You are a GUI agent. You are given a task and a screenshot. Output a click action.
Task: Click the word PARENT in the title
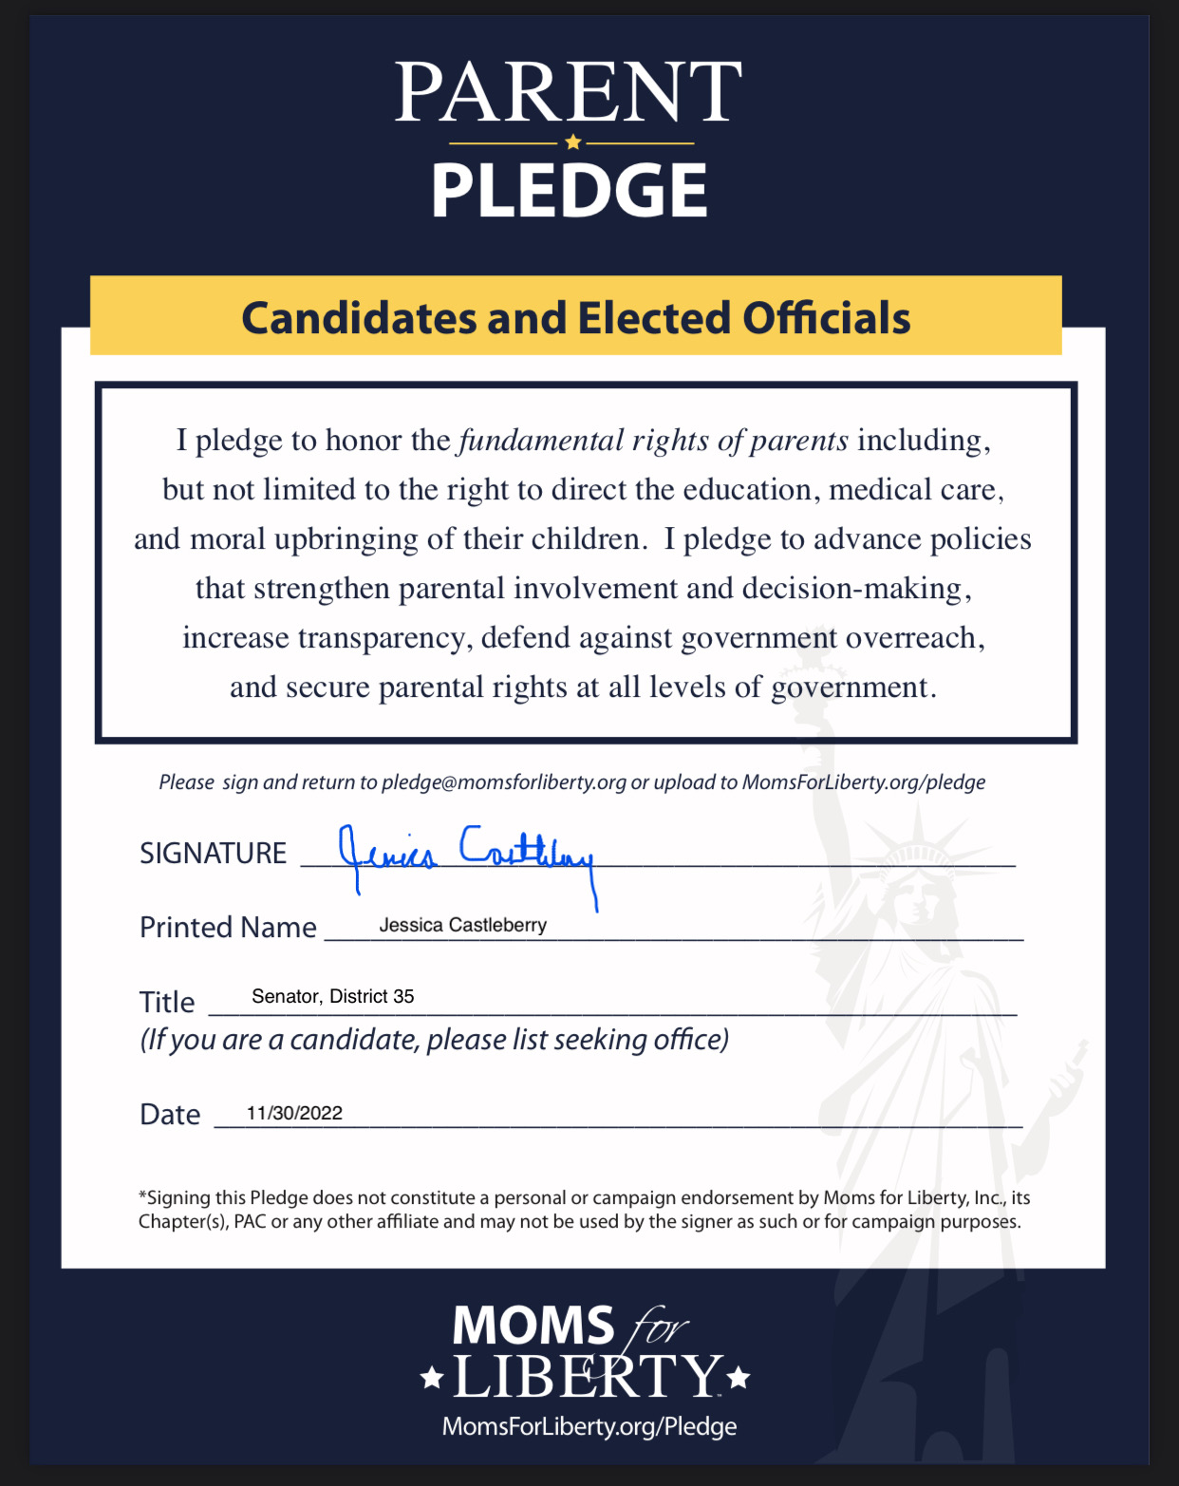click(568, 92)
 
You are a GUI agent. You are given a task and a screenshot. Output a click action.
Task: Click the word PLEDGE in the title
click(570, 190)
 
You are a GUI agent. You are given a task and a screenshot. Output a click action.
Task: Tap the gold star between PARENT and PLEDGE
click(572, 142)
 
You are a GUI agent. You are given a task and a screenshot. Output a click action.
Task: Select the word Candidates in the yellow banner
click(359, 318)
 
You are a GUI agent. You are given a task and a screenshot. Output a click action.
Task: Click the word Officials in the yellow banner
click(826, 318)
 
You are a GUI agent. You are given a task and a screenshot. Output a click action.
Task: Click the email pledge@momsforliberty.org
click(504, 782)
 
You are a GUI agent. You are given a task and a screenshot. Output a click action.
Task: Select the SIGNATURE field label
click(213, 854)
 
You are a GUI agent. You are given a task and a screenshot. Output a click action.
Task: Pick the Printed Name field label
click(228, 928)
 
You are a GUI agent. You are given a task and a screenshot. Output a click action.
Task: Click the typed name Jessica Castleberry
click(462, 925)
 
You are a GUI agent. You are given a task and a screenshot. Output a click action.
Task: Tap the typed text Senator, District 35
click(332, 996)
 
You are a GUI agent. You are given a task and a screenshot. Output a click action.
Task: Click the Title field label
click(167, 1003)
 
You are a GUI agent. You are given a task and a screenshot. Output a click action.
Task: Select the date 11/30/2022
click(294, 1113)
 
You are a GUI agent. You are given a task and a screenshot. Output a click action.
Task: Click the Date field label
click(170, 1115)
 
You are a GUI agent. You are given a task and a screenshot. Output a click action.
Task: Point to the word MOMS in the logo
click(533, 1326)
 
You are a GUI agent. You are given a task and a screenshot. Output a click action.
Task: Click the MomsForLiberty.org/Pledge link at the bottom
click(589, 1426)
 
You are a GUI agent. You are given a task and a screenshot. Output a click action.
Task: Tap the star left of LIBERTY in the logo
click(432, 1377)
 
